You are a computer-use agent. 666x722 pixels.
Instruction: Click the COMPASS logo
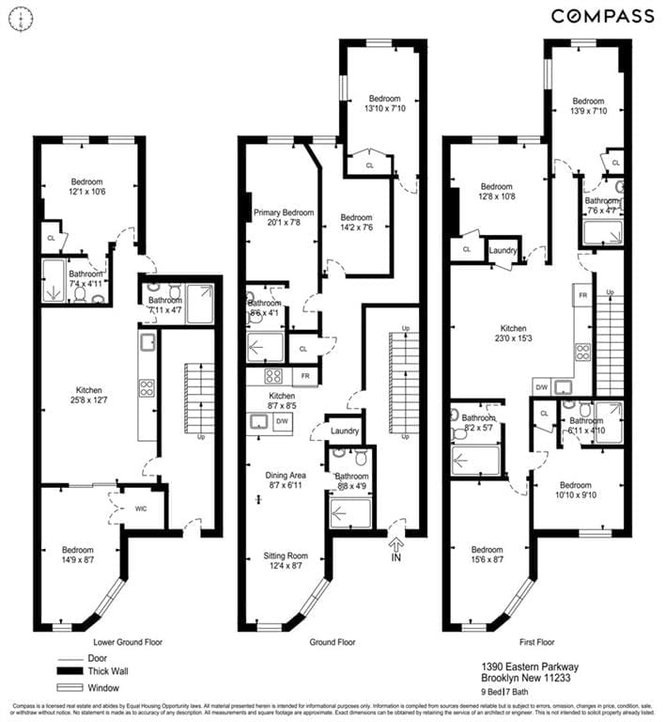pyautogui.click(x=602, y=15)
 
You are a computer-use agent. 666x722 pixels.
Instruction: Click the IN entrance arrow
pyautogui.click(x=395, y=544)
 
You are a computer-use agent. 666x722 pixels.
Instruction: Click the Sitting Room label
pyautogui.click(x=285, y=561)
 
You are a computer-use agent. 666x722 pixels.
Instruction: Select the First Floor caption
pyautogui.click(x=534, y=642)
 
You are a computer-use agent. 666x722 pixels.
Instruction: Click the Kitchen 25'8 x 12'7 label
pyautogui.click(x=89, y=395)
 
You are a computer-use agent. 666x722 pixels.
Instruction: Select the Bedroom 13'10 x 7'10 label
pyautogui.click(x=384, y=103)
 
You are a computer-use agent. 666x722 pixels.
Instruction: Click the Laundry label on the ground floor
pyautogui.click(x=344, y=431)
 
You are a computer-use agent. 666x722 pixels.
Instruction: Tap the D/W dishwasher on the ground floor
pyautogui.click(x=281, y=422)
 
